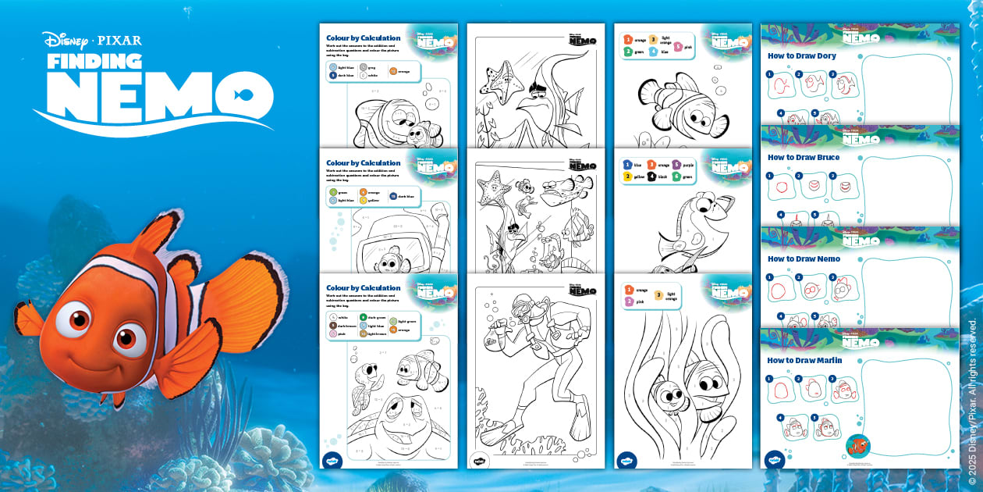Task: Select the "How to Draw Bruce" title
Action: (804, 157)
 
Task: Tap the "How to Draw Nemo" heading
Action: (804, 258)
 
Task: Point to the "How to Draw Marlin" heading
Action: (804, 360)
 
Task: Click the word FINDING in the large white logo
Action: (94, 61)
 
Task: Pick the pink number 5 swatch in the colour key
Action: (678, 46)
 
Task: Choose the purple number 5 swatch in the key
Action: (676, 165)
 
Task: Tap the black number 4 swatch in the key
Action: (651, 177)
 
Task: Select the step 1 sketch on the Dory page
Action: (782, 86)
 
